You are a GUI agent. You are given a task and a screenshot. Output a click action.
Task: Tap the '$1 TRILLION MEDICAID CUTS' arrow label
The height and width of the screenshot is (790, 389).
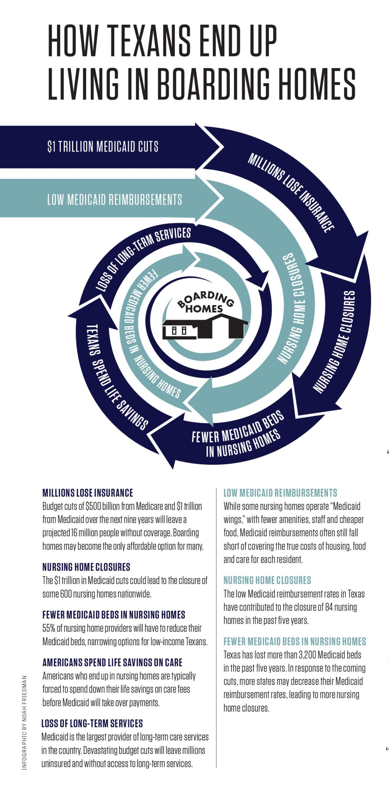103,146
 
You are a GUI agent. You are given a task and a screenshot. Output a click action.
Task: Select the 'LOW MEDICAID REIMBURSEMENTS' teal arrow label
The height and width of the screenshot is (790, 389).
114,200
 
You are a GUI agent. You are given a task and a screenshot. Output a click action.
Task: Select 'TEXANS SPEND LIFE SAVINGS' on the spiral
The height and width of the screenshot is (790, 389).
116,377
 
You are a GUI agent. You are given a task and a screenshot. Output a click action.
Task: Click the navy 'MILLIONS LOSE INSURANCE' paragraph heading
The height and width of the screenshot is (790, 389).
88,493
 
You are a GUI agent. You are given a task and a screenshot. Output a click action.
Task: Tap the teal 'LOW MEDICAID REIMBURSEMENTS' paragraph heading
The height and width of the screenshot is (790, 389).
280,493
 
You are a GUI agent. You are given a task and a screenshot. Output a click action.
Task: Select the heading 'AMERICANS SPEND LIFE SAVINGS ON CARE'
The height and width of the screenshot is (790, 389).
112,663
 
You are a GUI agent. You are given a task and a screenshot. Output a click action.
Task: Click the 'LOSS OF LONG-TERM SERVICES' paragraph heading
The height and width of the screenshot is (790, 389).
92,723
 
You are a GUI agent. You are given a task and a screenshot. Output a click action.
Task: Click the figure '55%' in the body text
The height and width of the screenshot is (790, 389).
49,628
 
